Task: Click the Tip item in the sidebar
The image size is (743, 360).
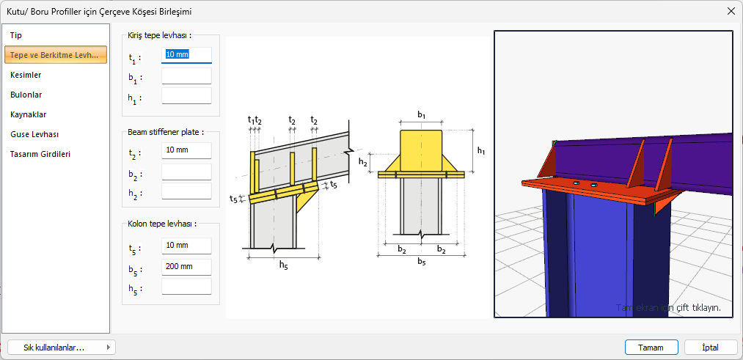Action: [x=16, y=35]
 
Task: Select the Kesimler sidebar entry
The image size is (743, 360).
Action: [x=26, y=75]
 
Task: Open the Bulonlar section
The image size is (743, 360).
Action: [x=26, y=95]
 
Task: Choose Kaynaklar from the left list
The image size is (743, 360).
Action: [x=28, y=114]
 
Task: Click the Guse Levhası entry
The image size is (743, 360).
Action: [x=34, y=134]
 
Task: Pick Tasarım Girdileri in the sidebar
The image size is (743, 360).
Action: [x=40, y=154]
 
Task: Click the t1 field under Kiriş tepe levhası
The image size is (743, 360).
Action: [x=186, y=55]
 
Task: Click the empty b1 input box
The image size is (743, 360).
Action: [x=186, y=76]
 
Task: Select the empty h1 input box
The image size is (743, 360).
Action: [x=186, y=96]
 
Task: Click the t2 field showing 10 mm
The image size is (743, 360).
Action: [x=186, y=150]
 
